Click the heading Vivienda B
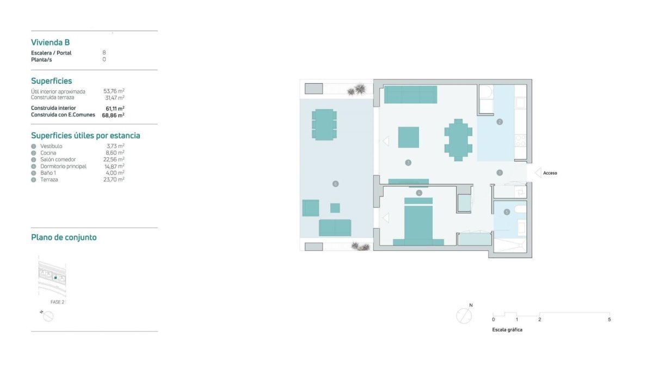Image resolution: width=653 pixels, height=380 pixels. coord(50,42)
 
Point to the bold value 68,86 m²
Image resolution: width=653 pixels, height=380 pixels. coord(113,115)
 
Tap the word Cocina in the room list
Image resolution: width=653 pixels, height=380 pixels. coord(48,153)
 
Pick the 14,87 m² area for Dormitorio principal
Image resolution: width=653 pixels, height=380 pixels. coord(114,166)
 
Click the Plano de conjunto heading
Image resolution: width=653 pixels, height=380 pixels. coord(64,237)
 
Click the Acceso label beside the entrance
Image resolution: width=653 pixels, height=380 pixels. coord(550,173)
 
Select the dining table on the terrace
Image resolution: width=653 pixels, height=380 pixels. coord(324,124)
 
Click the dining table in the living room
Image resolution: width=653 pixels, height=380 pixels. coord(458,139)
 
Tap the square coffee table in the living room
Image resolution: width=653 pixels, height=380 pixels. coord(408,137)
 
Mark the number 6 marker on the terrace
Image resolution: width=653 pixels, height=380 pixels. coord(335,184)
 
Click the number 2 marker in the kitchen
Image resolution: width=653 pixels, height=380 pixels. coord(500,122)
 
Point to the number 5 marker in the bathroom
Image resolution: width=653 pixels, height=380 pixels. coord(507,212)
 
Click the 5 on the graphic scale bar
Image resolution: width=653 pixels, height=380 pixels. coord(609,320)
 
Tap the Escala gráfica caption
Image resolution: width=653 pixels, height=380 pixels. coord(507,330)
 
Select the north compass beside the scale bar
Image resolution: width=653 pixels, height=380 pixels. coord(464,316)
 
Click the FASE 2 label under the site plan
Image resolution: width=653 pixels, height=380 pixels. coord(57,302)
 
